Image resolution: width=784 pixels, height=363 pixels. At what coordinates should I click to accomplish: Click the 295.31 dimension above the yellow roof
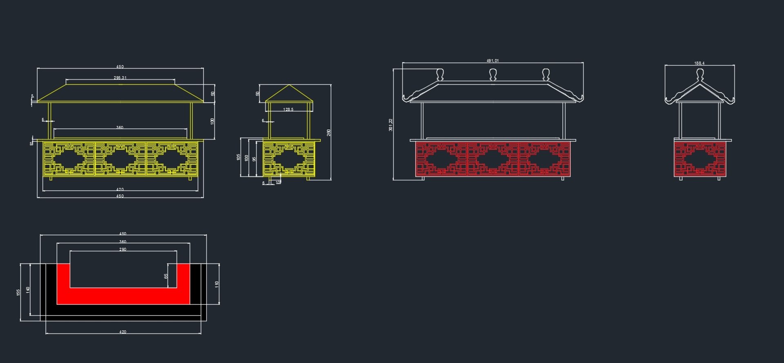120,78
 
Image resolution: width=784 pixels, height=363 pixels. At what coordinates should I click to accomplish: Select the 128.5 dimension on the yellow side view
288,110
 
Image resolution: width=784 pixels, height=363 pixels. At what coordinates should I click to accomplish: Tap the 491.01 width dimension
492,61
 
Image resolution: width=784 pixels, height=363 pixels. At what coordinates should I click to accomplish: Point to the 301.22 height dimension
391,125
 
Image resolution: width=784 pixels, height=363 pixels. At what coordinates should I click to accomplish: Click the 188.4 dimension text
699,63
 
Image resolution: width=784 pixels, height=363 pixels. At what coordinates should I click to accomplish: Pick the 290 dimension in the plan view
123,249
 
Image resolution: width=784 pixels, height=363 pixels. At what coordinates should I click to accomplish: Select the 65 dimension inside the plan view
166,276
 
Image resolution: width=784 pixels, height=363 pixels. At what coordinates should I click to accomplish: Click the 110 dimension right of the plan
217,284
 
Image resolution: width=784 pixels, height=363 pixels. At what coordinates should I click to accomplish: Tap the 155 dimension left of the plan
18,292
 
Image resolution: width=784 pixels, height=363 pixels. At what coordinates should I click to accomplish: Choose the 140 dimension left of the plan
28,290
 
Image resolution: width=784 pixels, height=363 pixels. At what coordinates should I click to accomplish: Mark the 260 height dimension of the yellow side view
329,133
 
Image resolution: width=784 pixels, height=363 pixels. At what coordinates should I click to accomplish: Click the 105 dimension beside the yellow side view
238,157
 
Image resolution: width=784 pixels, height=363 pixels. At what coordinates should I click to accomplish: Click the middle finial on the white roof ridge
493,74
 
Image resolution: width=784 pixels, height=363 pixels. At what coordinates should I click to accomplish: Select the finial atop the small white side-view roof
700,74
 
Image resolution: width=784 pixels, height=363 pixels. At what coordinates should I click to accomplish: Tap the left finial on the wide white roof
440,74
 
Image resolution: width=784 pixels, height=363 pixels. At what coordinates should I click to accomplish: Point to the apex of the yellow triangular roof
289,85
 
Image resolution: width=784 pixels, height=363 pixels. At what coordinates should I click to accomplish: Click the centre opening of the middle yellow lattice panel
120,158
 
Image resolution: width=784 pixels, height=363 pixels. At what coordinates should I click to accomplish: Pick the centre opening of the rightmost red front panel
544,159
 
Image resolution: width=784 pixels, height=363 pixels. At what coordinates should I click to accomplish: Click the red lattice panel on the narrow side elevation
700,159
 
